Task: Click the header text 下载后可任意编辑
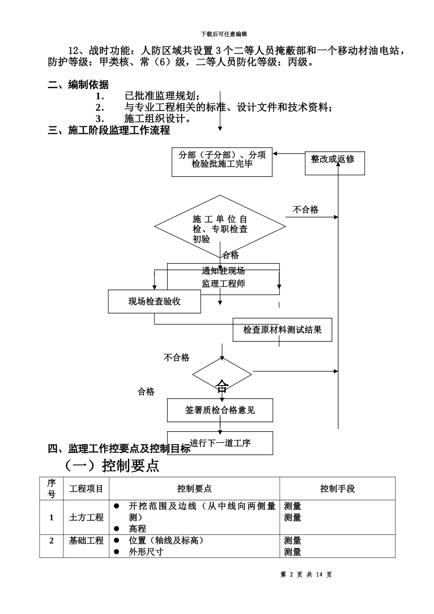point(224,34)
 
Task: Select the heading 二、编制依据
point(78,85)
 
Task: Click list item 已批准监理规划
point(162,96)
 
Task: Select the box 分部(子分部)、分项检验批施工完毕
point(222,162)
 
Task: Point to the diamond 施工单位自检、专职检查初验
point(220,227)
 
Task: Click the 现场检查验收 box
point(154,302)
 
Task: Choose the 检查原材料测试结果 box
point(282,329)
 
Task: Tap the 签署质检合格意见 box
point(220,410)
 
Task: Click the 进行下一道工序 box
point(220,443)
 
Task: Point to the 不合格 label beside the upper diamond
point(305,210)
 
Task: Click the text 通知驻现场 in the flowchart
point(223,271)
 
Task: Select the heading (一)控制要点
point(109,466)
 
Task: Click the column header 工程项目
point(86,489)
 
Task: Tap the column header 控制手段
point(337,489)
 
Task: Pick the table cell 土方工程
point(86,518)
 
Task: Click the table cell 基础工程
point(86,540)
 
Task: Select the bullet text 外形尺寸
point(146,552)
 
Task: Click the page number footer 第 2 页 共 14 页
point(306,575)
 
